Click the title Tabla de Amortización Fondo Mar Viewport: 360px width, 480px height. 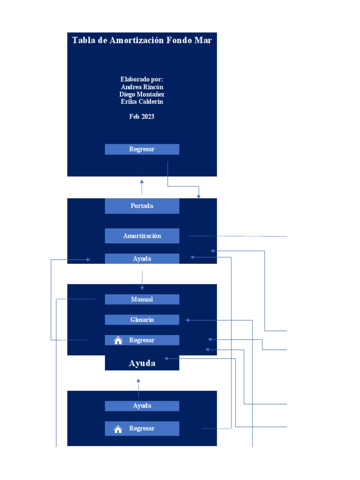(x=142, y=40)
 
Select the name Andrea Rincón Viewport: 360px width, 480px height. (x=142, y=87)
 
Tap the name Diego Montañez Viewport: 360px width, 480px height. (x=142, y=94)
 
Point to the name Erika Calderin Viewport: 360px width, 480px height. (x=142, y=102)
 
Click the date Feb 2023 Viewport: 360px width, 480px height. (x=142, y=116)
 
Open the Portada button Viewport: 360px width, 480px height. (x=142, y=206)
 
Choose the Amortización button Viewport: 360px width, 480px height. (x=142, y=236)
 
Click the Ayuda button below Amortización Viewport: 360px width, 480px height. (x=142, y=259)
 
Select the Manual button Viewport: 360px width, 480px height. (x=142, y=299)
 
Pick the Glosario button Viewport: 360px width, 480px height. (x=142, y=320)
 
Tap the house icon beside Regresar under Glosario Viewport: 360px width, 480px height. (x=118, y=340)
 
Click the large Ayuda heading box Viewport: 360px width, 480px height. (x=142, y=363)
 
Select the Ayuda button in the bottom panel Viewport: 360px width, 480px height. (x=142, y=406)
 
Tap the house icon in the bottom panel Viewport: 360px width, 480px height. (x=118, y=428)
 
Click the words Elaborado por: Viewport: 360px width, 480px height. (x=142, y=79)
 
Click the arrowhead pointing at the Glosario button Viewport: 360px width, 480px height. (x=187, y=320)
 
